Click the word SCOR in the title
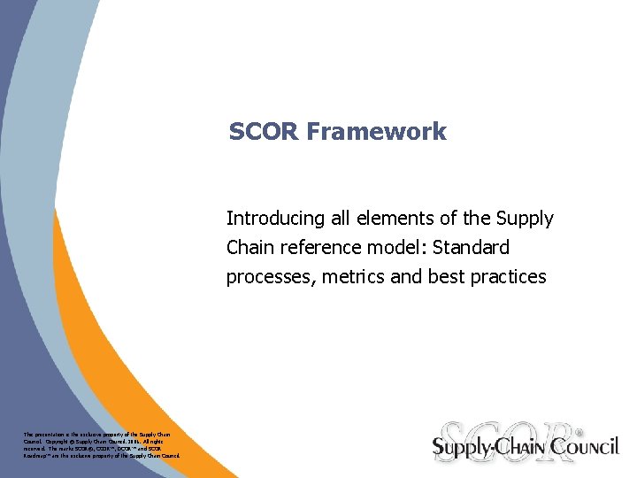click(264, 132)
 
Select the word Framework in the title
click(376, 132)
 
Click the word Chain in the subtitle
click(250, 248)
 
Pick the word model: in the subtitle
click(395, 248)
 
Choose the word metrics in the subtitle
click(349, 277)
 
